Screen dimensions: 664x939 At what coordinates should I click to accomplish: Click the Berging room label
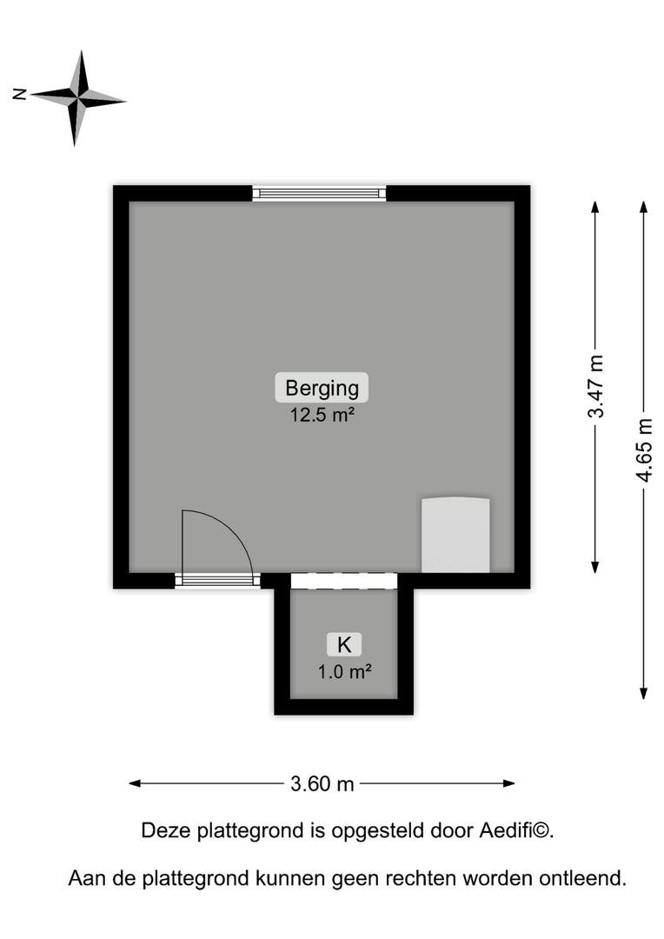coord(322,388)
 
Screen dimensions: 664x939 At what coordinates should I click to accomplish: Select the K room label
coord(344,645)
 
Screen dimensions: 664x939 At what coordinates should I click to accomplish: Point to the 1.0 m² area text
coord(344,672)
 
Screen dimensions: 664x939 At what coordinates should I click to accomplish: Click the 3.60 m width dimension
coord(322,783)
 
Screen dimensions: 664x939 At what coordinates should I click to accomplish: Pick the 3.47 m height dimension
coord(595,386)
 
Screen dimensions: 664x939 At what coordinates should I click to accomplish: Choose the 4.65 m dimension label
coord(644,450)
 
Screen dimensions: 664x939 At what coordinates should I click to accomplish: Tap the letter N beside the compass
coord(20,94)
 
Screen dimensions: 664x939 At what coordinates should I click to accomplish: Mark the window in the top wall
coord(319,193)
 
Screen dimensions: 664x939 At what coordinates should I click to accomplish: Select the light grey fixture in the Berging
coord(455,535)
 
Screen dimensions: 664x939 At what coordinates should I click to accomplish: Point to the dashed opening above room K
coord(344,581)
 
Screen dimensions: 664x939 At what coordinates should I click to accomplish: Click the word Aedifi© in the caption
coord(516,830)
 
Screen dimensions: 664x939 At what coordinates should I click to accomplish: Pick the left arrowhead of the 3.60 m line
coord(135,783)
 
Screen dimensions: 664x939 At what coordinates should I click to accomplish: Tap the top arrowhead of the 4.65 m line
coord(644,207)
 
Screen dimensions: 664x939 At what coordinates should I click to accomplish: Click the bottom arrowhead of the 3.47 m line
coord(595,567)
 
